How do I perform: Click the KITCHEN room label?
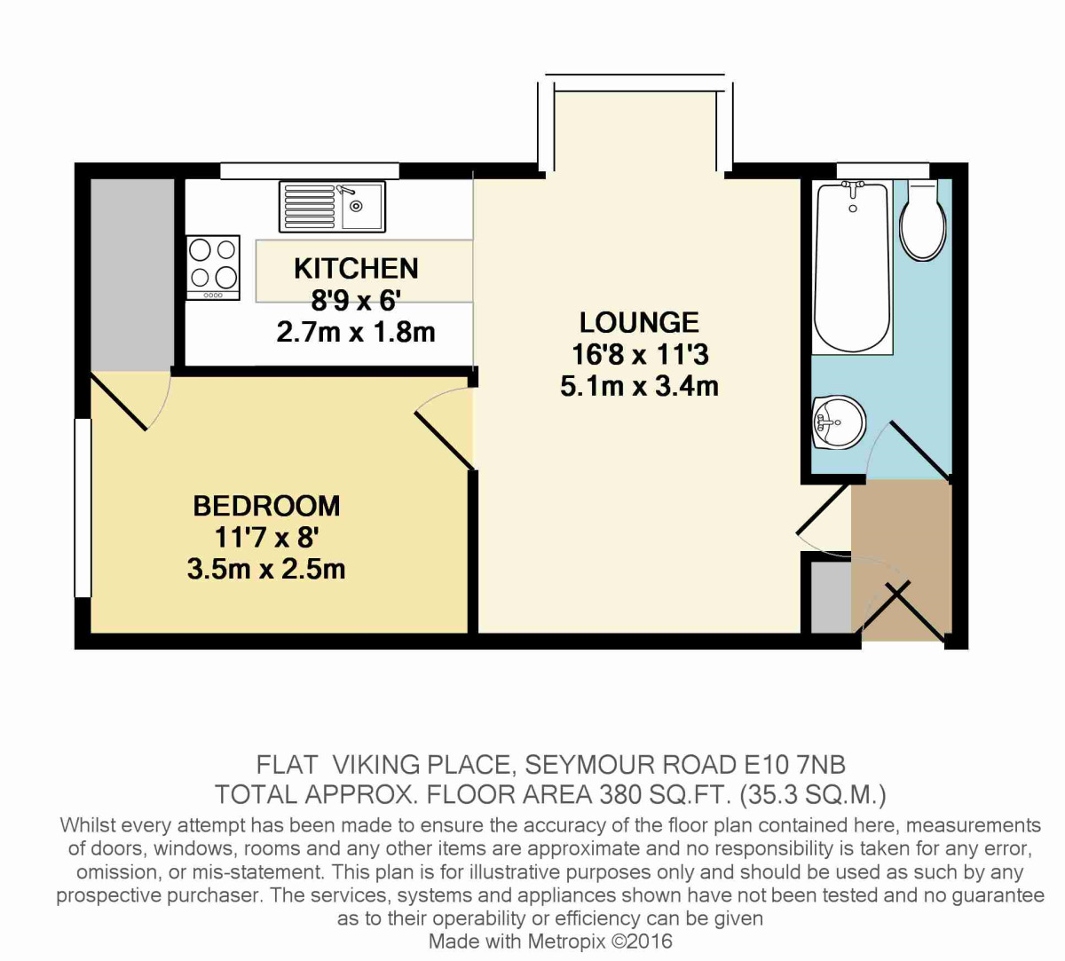pyautogui.click(x=356, y=268)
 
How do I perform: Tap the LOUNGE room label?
pyautogui.click(x=639, y=322)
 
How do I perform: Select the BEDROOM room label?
pyautogui.click(x=266, y=506)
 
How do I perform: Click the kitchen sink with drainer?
pyautogui.click(x=332, y=206)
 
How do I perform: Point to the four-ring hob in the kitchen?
pyautogui.click(x=213, y=266)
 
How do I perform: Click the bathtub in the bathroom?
pyautogui.click(x=852, y=266)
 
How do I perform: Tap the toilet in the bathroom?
pyautogui.click(x=923, y=222)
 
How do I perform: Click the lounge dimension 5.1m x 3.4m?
pyautogui.click(x=639, y=387)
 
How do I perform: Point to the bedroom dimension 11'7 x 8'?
pyautogui.click(x=266, y=538)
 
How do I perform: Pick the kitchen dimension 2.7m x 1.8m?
pyautogui.click(x=356, y=333)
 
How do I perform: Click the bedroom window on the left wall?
pyautogui.click(x=83, y=508)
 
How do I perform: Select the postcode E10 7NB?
pyautogui.click(x=792, y=764)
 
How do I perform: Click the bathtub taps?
pyautogui.click(x=853, y=189)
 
